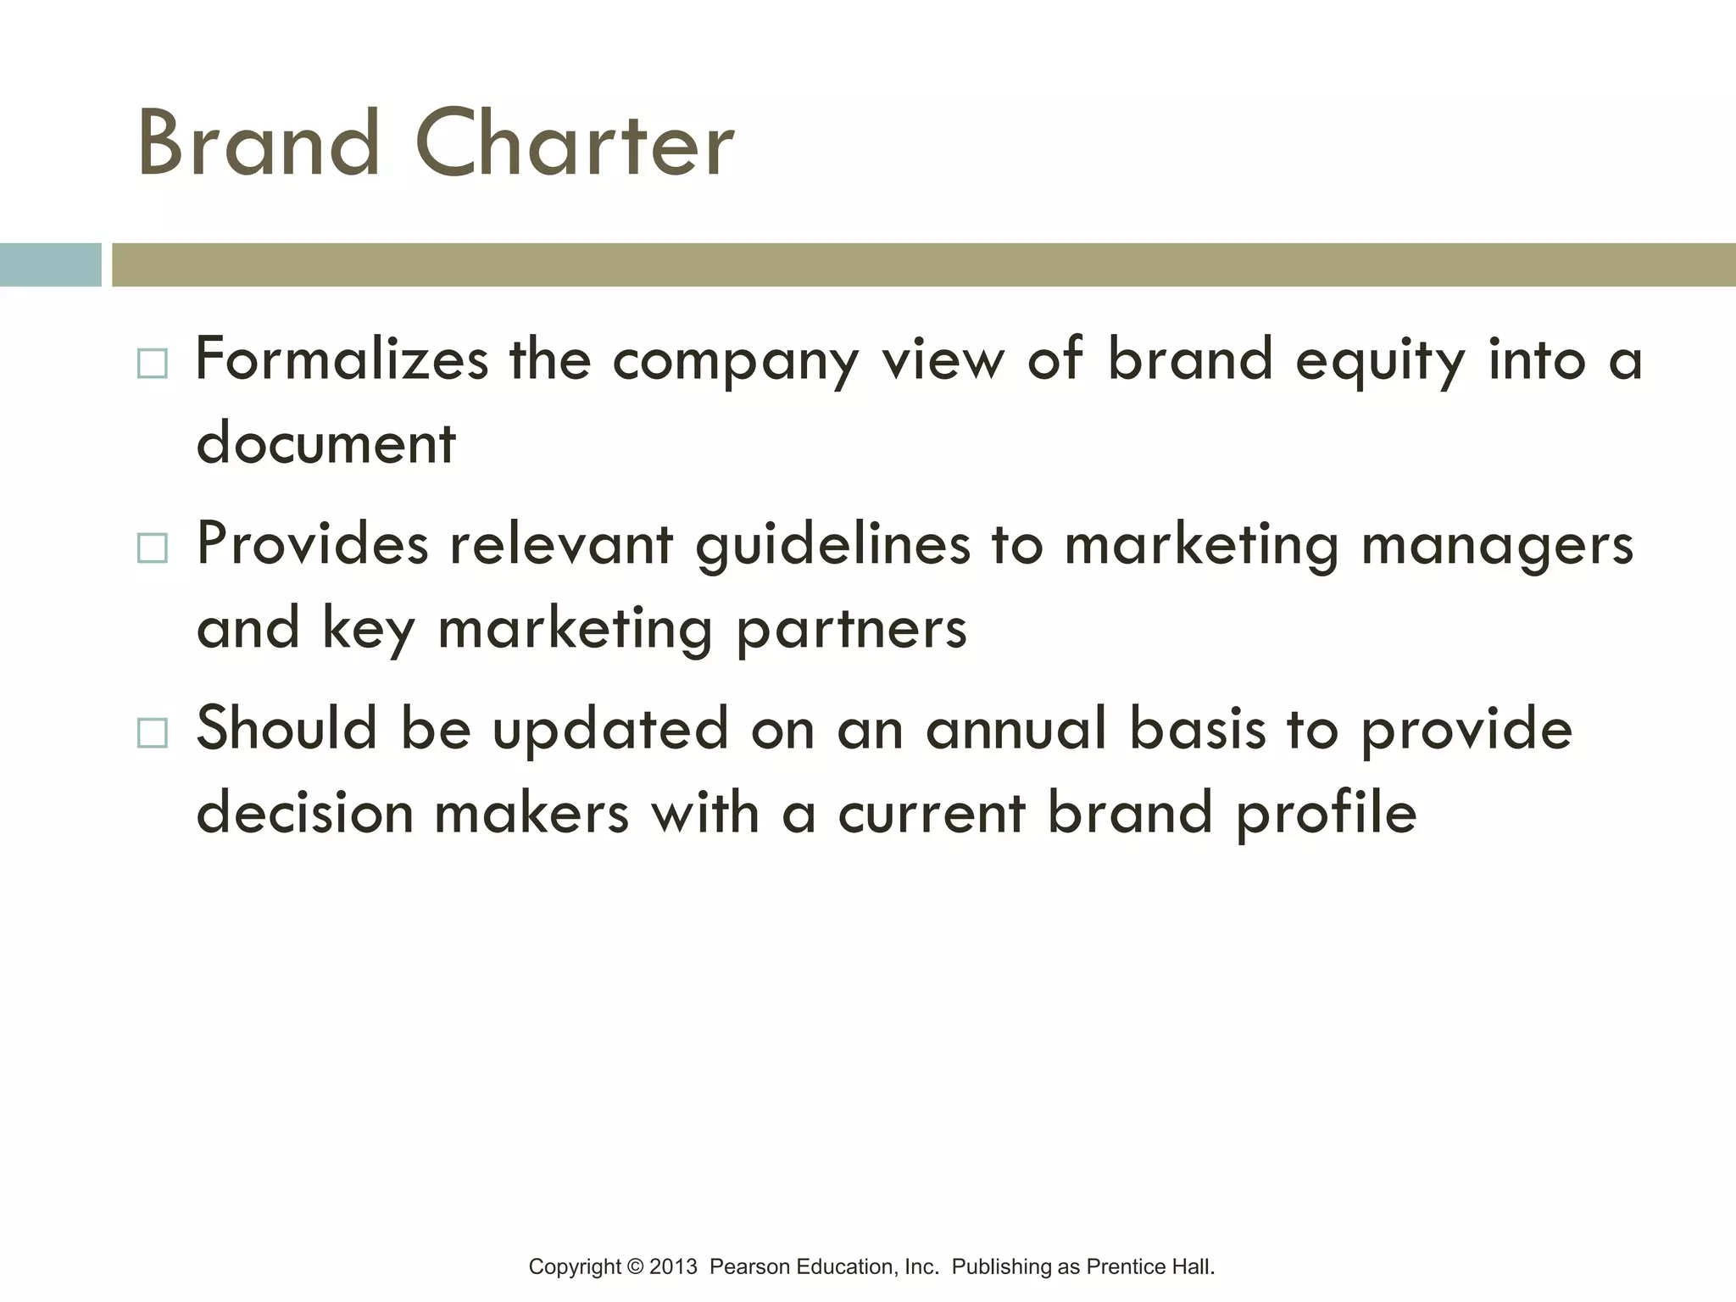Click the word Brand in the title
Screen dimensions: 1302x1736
click(259, 144)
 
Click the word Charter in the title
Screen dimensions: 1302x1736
click(575, 144)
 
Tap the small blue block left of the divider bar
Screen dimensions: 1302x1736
click(50, 264)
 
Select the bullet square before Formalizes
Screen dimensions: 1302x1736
click(153, 364)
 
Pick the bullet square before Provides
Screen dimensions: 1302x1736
click(153, 548)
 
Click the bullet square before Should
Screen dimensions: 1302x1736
click(153, 732)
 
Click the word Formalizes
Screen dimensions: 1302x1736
click(342, 359)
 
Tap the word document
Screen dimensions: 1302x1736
click(326, 442)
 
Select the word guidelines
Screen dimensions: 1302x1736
click(832, 545)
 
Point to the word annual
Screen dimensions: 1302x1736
click(1016, 729)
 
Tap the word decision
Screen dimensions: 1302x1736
click(304, 812)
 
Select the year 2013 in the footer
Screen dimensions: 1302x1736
click(673, 1267)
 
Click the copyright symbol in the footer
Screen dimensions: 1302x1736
click(636, 1267)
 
